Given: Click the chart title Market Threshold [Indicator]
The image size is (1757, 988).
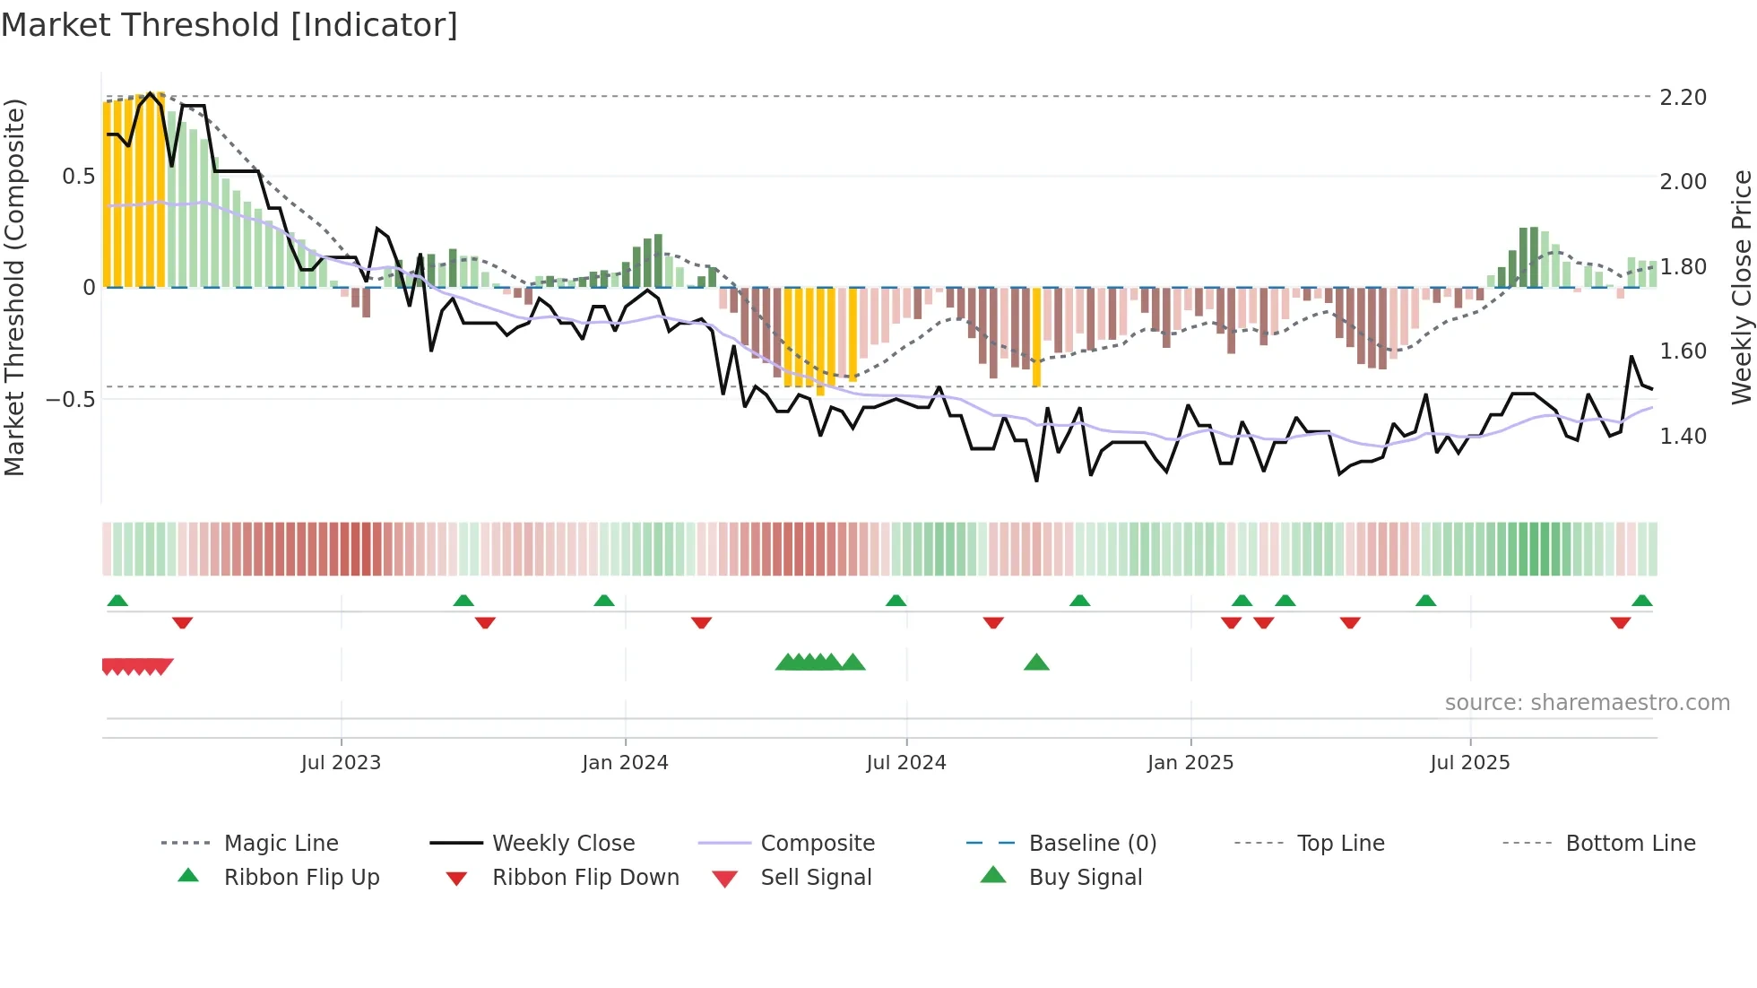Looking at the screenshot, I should [x=229, y=25].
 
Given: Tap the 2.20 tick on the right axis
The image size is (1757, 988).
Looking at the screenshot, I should [x=1683, y=97].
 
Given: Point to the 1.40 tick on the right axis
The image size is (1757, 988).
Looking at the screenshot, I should [x=1683, y=437].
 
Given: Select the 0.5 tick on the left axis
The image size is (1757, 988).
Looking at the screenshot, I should [x=78, y=177].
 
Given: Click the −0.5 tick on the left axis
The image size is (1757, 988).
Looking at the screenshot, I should [x=71, y=400].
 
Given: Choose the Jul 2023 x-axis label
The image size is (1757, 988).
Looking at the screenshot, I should [x=341, y=763].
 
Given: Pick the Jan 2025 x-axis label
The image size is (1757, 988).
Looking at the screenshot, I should [x=1190, y=763].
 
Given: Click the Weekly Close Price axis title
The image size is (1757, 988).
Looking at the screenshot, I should [x=1741, y=287].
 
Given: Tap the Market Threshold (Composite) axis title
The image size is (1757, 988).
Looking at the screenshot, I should [x=14, y=287].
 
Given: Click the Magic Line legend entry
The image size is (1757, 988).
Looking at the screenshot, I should [x=281, y=844].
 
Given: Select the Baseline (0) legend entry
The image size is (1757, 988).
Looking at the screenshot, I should [x=1092, y=844].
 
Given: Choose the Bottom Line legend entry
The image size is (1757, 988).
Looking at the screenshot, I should [x=1630, y=844].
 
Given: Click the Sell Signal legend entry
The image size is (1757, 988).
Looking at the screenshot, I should [x=815, y=878].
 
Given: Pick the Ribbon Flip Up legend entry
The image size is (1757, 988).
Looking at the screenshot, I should [x=301, y=878].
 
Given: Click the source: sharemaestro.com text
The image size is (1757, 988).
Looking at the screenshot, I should [x=1587, y=703].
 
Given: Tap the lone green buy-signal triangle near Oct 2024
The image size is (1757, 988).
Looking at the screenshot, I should [x=1036, y=663].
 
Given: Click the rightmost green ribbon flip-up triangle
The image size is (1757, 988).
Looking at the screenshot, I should [x=1641, y=601].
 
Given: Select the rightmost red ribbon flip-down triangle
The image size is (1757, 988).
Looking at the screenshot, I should [x=1620, y=622].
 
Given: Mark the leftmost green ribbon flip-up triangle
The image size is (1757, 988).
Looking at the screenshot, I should [x=117, y=601].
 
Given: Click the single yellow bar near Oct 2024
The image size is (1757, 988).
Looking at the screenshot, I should [x=1036, y=336].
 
